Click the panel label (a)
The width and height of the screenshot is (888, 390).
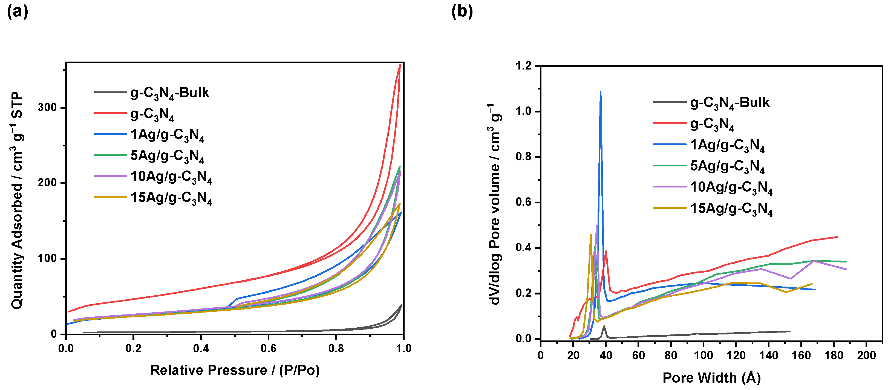tap(17, 12)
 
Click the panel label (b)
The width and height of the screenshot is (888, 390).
tap(462, 12)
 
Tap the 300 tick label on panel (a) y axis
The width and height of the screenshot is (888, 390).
tap(47, 108)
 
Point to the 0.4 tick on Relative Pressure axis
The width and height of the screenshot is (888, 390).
tap(201, 348)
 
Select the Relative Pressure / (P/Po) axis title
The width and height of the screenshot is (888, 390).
tap(235, 370)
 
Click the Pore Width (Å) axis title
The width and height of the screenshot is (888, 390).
tap(711, 378)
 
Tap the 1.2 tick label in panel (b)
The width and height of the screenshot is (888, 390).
tap(523, 65)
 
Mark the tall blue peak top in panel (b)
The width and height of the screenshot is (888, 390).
tap(601, 92)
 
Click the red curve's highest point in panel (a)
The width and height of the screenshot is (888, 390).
tap(400, 64)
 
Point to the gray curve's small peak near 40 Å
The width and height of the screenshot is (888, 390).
tap(604, 326)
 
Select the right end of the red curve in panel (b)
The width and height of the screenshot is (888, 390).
tap(837, 237)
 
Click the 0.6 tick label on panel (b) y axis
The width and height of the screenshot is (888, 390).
tap(523, 202)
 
